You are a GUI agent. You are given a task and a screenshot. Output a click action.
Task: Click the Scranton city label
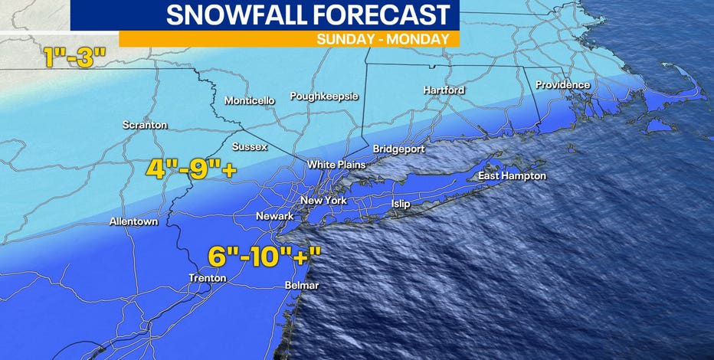tap(145, 125)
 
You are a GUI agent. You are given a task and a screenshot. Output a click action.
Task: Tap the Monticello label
tap(249, 100)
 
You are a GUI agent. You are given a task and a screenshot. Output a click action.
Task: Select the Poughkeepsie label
tap(324, 96)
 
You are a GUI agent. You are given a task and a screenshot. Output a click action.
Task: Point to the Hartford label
tap(444, 90)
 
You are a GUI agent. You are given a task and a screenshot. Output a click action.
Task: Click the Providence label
tap(562, 84)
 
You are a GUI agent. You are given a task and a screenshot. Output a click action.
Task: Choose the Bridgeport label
tap(398, 149)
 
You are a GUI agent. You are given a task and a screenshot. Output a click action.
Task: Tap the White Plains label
tap(336, 165)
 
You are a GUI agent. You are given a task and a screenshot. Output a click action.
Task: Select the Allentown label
tap(133, 221)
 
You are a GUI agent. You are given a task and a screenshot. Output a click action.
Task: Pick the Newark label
tap(274, 216)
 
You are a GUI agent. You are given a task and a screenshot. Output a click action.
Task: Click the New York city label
tap(323, 201)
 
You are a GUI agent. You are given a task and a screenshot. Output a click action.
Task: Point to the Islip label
tap(401, 204)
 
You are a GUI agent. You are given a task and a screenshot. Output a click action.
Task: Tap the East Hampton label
tap(512, 176)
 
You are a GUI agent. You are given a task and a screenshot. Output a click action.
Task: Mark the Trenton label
tap(207, 277)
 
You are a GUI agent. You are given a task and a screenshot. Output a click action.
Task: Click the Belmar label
tap(301, 285)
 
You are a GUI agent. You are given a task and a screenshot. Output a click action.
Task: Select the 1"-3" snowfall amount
tap(75, 58)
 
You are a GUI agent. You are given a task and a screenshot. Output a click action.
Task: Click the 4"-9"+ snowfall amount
tap(190, 169)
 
